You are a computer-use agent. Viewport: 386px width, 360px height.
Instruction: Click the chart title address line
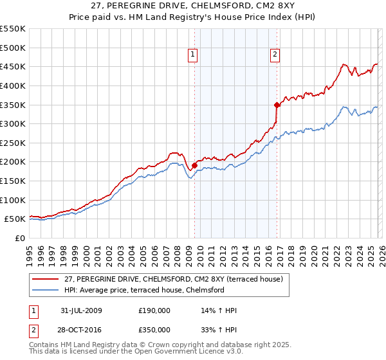tap(192, 6)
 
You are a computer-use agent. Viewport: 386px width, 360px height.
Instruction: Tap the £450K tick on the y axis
tap(13, 66)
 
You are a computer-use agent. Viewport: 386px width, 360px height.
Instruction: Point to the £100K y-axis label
tap(13, 200)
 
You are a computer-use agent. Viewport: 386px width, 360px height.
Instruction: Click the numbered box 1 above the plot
tap(194, 55)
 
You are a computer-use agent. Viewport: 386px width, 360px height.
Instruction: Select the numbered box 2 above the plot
tap(275, 55)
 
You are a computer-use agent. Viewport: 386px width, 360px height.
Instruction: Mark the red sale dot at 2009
tap(194, 165)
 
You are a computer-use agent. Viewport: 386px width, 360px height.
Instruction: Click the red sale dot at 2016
tap(277, 105)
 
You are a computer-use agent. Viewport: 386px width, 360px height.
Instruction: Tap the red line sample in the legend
tap(46, 279)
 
